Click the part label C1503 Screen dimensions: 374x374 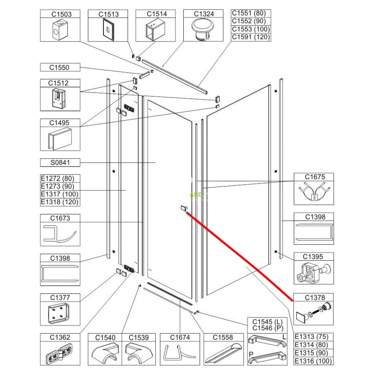pyautogui.click(x=61, y=14)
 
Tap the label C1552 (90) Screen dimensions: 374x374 pyautogui.click(x=249, y=21)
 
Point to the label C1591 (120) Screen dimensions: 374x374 pyautogui.click(x=251, y=37)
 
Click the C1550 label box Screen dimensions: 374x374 pyautogui.click(x=60, y=67)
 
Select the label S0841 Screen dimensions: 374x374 pyautogui.click(x=60, y=162)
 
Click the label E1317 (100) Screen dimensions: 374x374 pyautogui.click(x=60, y=194)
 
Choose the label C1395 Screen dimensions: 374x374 pyautogui.click(x=313, y=257)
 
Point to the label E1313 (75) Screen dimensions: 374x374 pyautogui.click(x=311, y=337)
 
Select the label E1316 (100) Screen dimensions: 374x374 pyautogui.click(x=313, y=361)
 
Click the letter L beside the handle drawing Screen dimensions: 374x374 pyautogui.click(x=284, y=337)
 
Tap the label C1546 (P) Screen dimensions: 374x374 pyautogui.click(x=268, y=328)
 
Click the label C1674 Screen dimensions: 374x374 pyautogui.click(x=180, y=337)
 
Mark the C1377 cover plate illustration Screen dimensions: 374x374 pyautogui.click(x=58, y=314)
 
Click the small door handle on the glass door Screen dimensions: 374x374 pyautogui.click(x=184, y=208)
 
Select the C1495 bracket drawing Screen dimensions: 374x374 pyautogui.click(x=60, y=139)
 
